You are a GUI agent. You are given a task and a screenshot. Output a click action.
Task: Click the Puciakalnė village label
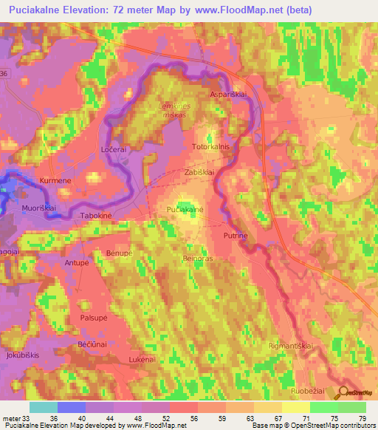click(185, 211)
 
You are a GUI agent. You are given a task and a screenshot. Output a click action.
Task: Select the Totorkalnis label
click(211, 147)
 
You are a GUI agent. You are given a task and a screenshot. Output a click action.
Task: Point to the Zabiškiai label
click(199, 171)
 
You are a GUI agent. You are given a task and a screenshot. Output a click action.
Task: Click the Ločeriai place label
click(114, 149)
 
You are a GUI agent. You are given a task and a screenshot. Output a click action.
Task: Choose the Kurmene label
click(57, 181)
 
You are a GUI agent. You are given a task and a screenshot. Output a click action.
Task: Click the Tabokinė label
click(96, 216)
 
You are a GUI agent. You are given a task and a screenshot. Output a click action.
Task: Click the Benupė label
click(119, 253)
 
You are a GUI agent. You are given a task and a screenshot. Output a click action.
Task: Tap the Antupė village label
click(77, 263)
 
